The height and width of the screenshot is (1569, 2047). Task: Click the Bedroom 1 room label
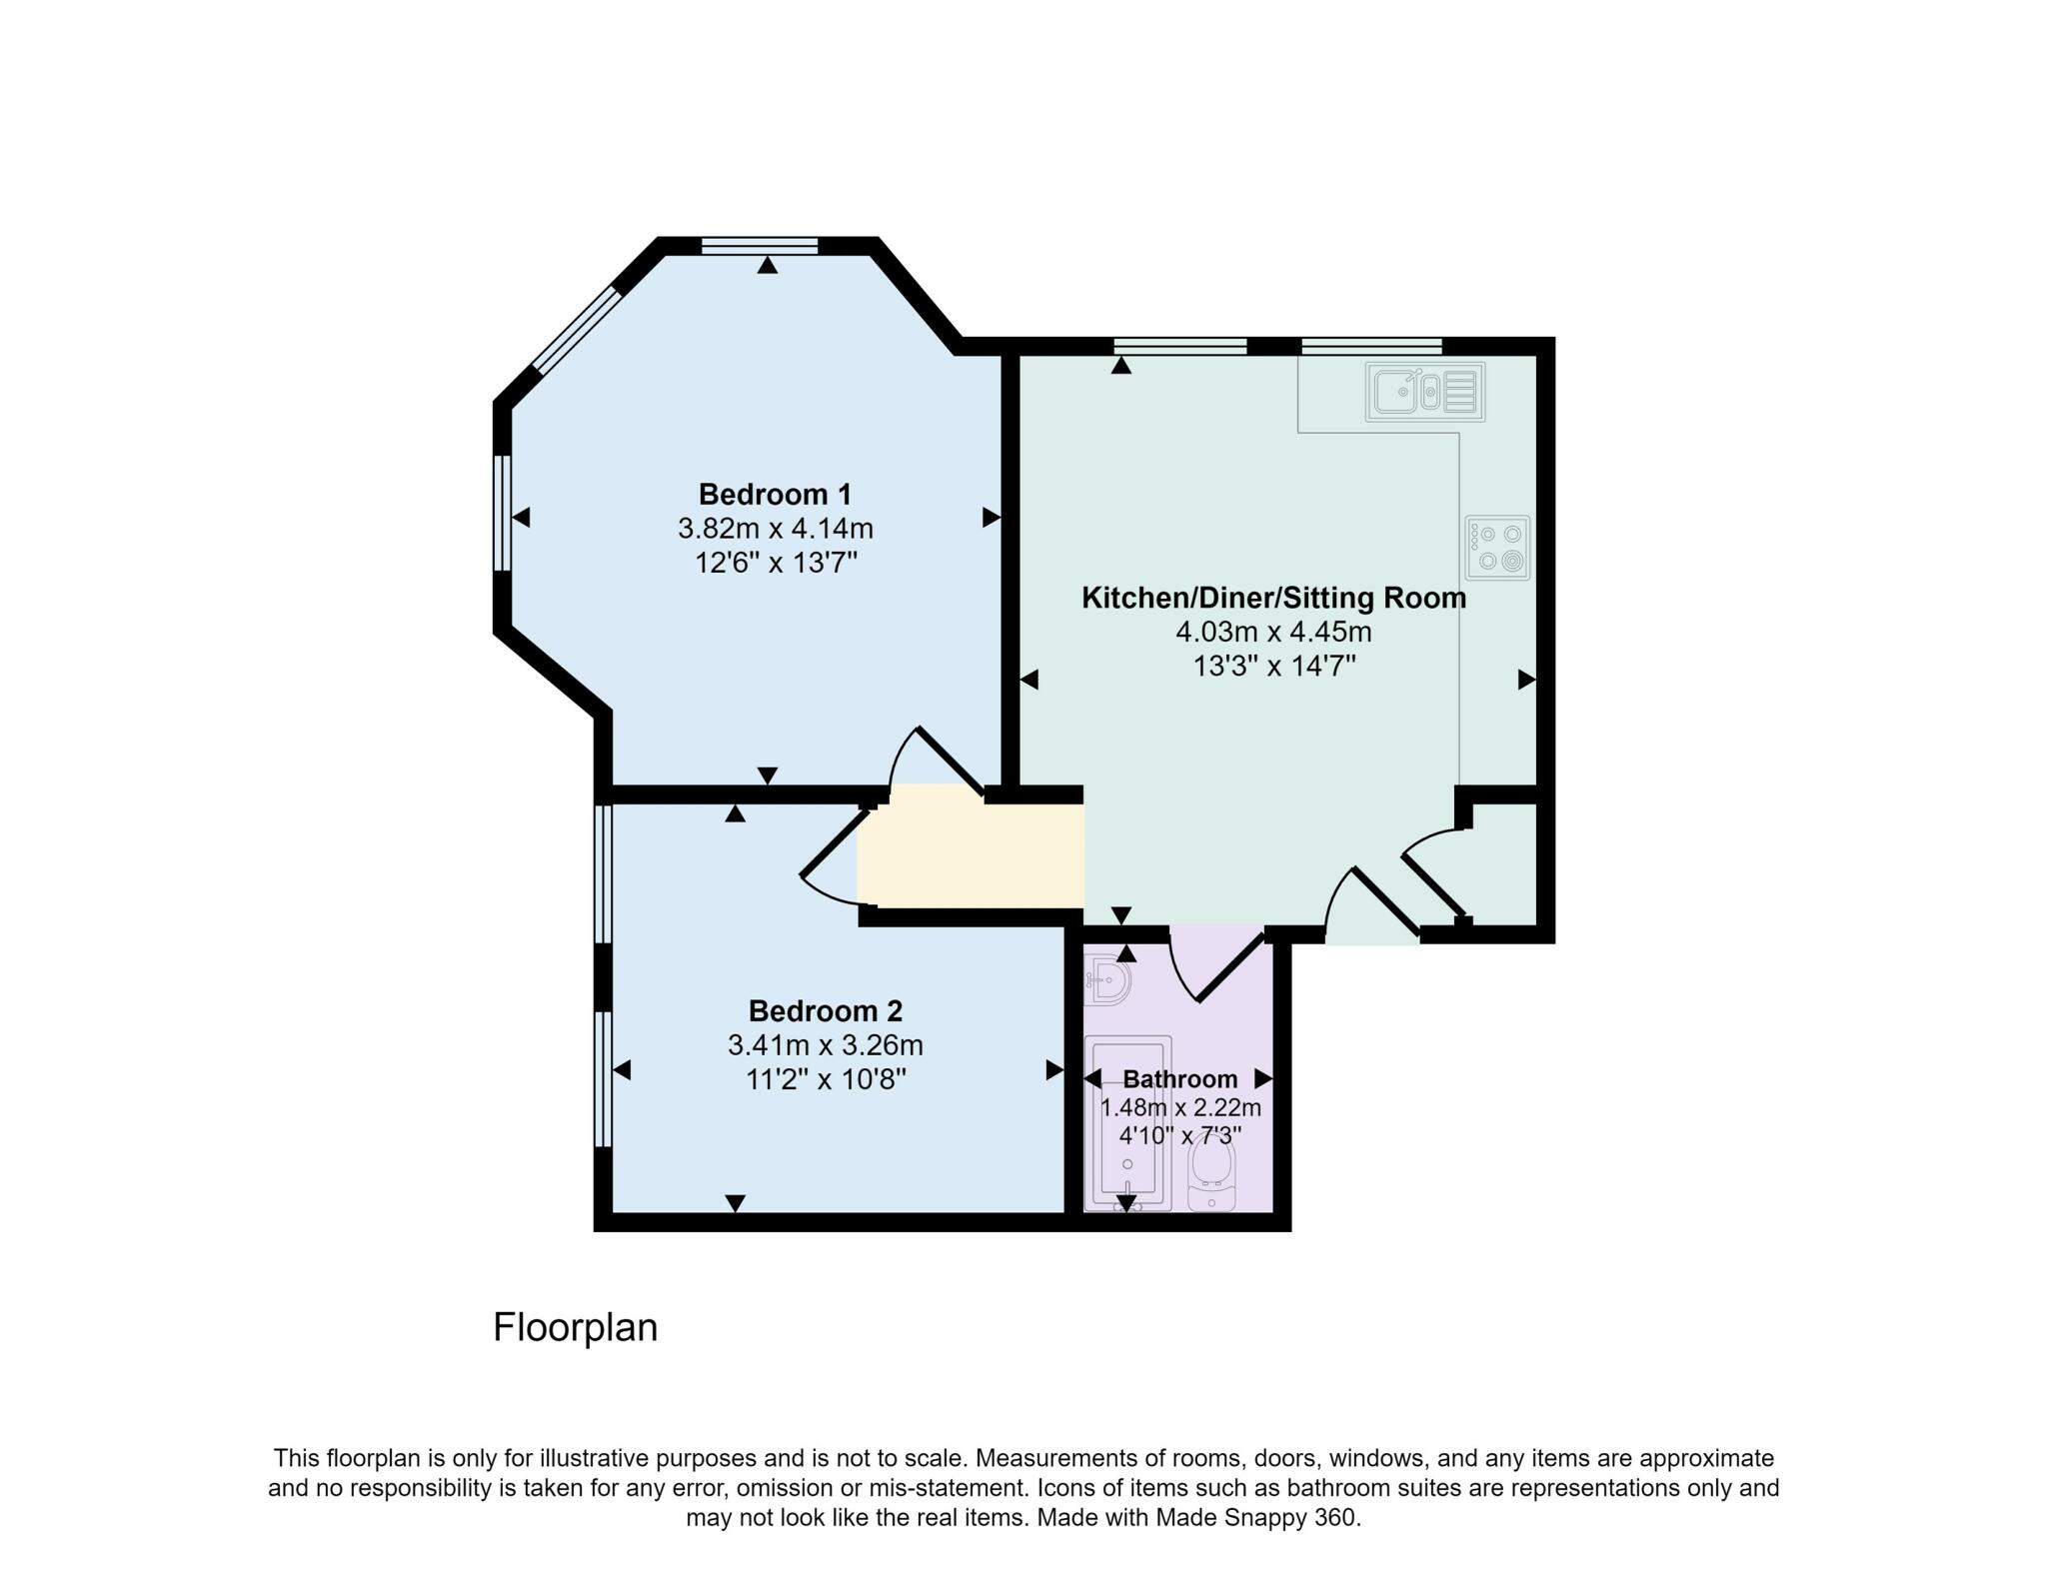coord(775,495)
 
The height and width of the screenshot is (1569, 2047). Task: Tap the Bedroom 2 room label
coord(825,1011)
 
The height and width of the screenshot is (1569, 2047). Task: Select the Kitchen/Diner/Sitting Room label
coord(1273,599)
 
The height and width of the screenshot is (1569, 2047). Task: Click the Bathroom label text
coord(1179,1079)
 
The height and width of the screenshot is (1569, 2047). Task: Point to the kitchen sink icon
coord(1424,392)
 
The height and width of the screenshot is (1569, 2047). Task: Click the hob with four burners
coord(1497,548)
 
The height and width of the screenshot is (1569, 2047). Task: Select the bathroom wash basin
coord(1107,980)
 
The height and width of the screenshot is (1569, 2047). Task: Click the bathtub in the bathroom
coord(1127,1124)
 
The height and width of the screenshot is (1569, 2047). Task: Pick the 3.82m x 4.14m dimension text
coord(775,529)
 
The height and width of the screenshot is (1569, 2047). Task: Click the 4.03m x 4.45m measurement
coord(1273,633)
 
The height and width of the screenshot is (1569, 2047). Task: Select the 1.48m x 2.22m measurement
coord(1180,1107)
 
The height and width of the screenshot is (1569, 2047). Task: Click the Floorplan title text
coord(575,1327)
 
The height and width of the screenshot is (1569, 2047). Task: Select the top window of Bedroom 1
coord(760,246)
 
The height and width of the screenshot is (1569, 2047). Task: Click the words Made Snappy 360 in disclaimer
coord(1256,1517)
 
